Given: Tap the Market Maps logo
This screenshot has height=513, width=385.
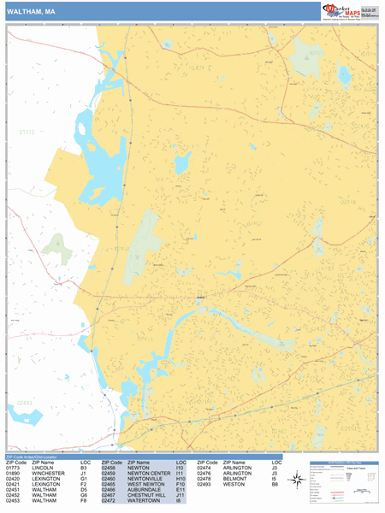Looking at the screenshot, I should tap(341, 11).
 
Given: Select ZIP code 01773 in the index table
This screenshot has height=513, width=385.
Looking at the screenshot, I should tap(13, 468).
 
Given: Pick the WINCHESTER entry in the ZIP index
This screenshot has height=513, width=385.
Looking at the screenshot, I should tap(50, 473).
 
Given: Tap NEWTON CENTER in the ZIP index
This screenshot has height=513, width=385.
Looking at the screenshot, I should tap(147, 473).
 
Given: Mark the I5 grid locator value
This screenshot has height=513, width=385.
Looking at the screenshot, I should tap(275, 479).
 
